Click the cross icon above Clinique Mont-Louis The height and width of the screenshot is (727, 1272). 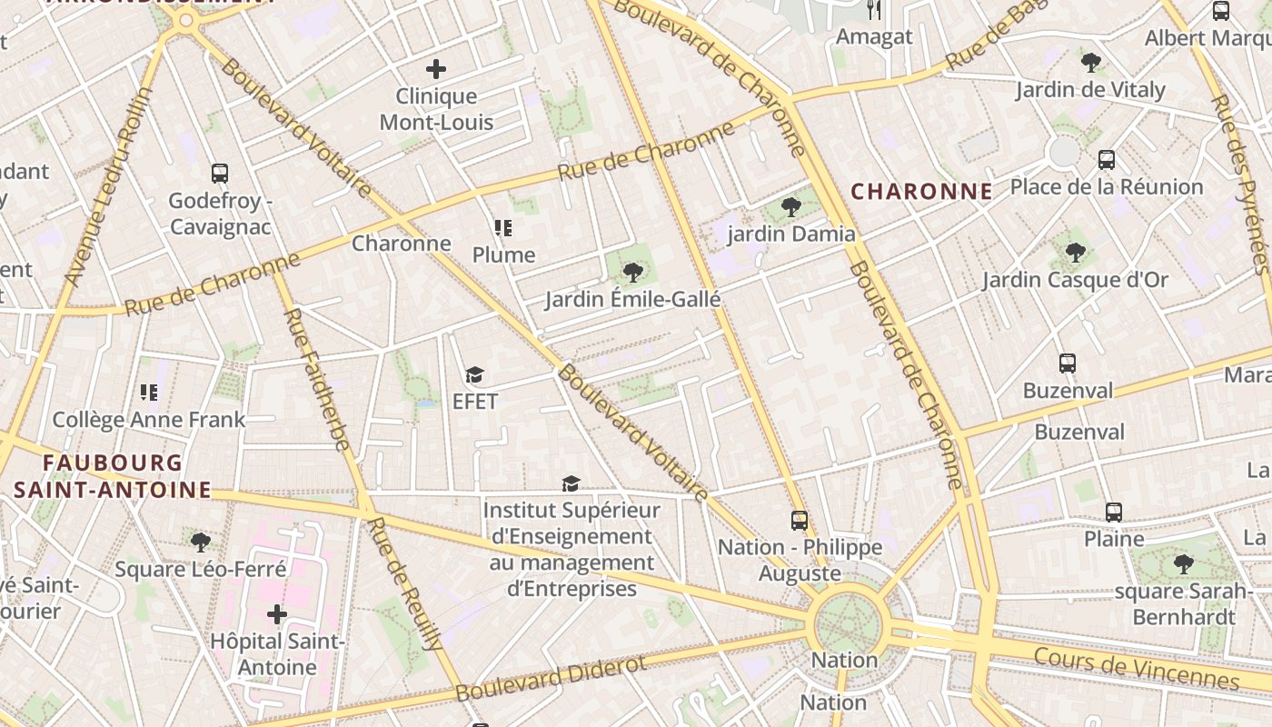point(436,69)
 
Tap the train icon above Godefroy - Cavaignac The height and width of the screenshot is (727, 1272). point(220,174)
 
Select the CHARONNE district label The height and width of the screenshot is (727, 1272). point(921,192)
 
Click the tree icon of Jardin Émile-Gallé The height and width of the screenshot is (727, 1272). point(633,272)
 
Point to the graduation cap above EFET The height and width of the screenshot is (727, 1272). point(474,374)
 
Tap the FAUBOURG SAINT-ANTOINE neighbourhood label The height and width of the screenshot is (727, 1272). point(113,477)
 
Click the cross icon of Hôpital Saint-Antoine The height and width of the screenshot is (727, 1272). point(277,615)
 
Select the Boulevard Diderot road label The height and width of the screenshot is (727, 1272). point(552,678)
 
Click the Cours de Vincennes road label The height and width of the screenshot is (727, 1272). point(1136,669)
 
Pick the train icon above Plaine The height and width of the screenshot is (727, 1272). point(1114,512)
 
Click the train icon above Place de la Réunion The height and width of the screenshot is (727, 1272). point(1107,160)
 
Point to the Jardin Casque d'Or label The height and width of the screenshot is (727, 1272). point(1076,280)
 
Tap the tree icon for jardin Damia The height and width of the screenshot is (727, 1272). point(791,207)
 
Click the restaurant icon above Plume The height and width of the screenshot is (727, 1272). point(503,228)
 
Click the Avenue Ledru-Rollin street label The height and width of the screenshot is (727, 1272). point(111,187)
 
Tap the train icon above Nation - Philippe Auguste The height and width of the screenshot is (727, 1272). point(800,521)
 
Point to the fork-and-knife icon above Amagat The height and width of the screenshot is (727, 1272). point(874,10)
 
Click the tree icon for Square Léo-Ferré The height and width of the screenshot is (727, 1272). point(201,543)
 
